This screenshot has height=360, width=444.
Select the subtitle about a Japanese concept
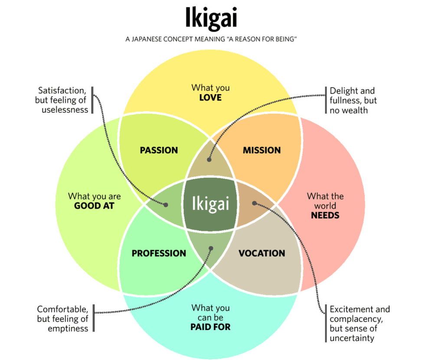point(211,39)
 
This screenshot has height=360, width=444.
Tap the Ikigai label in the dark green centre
point(211,203)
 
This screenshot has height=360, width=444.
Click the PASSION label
point(159,151)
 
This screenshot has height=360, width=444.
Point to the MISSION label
point(261,151)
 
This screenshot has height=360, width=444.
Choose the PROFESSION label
point(159,253)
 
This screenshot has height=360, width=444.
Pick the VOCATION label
point(262,253)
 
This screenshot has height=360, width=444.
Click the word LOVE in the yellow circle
point(210,98)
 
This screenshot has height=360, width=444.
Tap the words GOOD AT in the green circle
point(94,206)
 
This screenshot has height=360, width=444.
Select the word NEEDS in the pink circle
point(325,215)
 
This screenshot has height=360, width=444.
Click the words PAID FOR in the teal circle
point(210,327)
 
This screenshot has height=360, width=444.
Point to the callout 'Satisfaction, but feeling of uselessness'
point(63,100)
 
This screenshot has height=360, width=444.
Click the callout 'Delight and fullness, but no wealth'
point(353,101)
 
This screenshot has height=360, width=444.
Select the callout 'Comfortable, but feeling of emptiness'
point(63,319)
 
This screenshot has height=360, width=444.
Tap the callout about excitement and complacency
point(359,324)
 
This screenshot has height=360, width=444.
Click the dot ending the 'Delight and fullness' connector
point(209,159)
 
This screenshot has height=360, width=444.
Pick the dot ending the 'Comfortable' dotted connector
point(211,249)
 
